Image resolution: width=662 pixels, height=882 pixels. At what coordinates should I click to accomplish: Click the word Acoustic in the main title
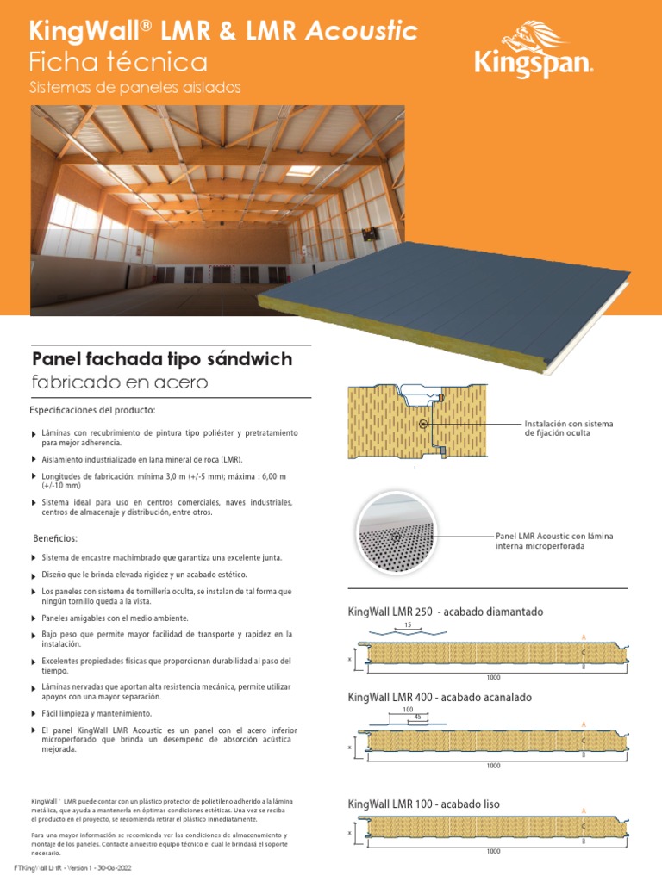pos(362,33)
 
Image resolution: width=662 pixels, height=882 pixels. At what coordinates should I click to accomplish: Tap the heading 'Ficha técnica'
pos(118,62)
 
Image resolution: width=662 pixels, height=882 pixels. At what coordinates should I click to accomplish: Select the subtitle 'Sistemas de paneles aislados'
pos(134,88)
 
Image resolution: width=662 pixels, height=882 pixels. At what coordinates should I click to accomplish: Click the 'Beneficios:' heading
pos(54,538)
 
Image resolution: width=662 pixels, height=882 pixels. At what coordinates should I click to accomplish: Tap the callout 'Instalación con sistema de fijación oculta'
pos(569,428)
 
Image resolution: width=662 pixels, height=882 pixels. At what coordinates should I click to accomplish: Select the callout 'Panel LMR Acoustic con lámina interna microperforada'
pos(554,541)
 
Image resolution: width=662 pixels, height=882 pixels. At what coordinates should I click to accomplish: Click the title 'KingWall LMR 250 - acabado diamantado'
pos(446,612)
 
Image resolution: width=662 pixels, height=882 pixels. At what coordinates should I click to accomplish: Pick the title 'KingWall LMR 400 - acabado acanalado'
pos(440,697)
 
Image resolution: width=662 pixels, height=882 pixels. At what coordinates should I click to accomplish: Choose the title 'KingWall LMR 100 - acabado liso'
pos(423,804)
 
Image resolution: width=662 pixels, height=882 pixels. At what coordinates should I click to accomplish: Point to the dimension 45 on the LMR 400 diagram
pos(417,717)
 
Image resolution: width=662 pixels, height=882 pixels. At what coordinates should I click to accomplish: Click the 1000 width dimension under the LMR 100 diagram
pos(493,852)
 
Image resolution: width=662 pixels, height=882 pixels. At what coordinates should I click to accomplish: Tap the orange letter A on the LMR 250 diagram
pos(584,637)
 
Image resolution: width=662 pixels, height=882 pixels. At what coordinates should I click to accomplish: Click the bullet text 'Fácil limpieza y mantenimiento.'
pos(97,713)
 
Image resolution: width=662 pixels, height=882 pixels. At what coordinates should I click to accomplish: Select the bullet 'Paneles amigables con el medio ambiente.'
pos(115,618)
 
